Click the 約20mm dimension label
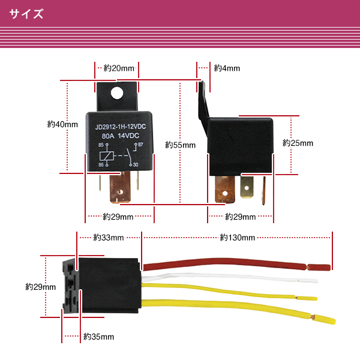[x=119, y=68]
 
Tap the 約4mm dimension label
[x=227, y=68]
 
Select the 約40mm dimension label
[x=62, y=124]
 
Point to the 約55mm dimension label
[x=181, y=145]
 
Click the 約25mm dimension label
[x=298, y=143]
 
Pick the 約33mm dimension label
[x=109, y=238]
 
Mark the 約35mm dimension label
[x=98, y=336]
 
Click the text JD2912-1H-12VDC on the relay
[x=121, y=127]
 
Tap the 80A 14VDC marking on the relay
[x=121, y=136]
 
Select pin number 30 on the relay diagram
[x=136, y=164]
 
